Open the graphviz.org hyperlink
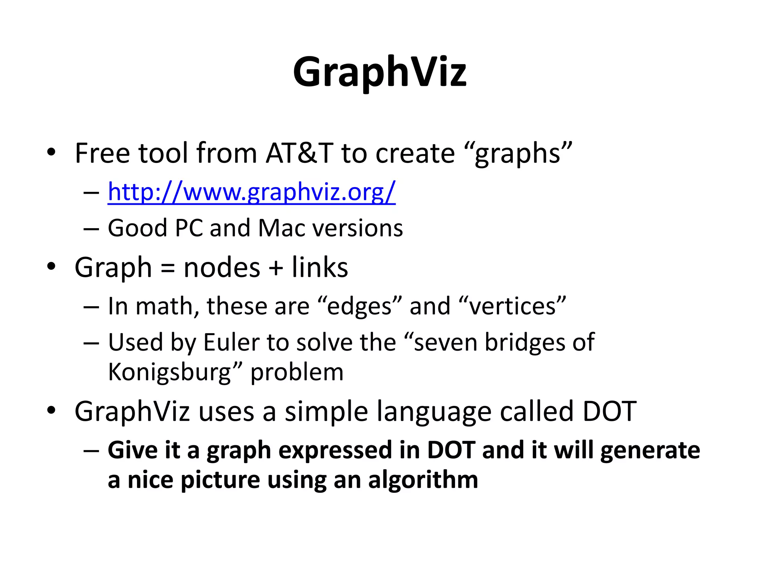tap(252, 192)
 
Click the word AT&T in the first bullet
tap(299, 153)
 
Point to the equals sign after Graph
tap(168, 268)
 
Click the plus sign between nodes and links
tap(276, 268)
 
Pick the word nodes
tap(222, 267)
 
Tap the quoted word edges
tap(360, 307)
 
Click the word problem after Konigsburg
tap(297, 372)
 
